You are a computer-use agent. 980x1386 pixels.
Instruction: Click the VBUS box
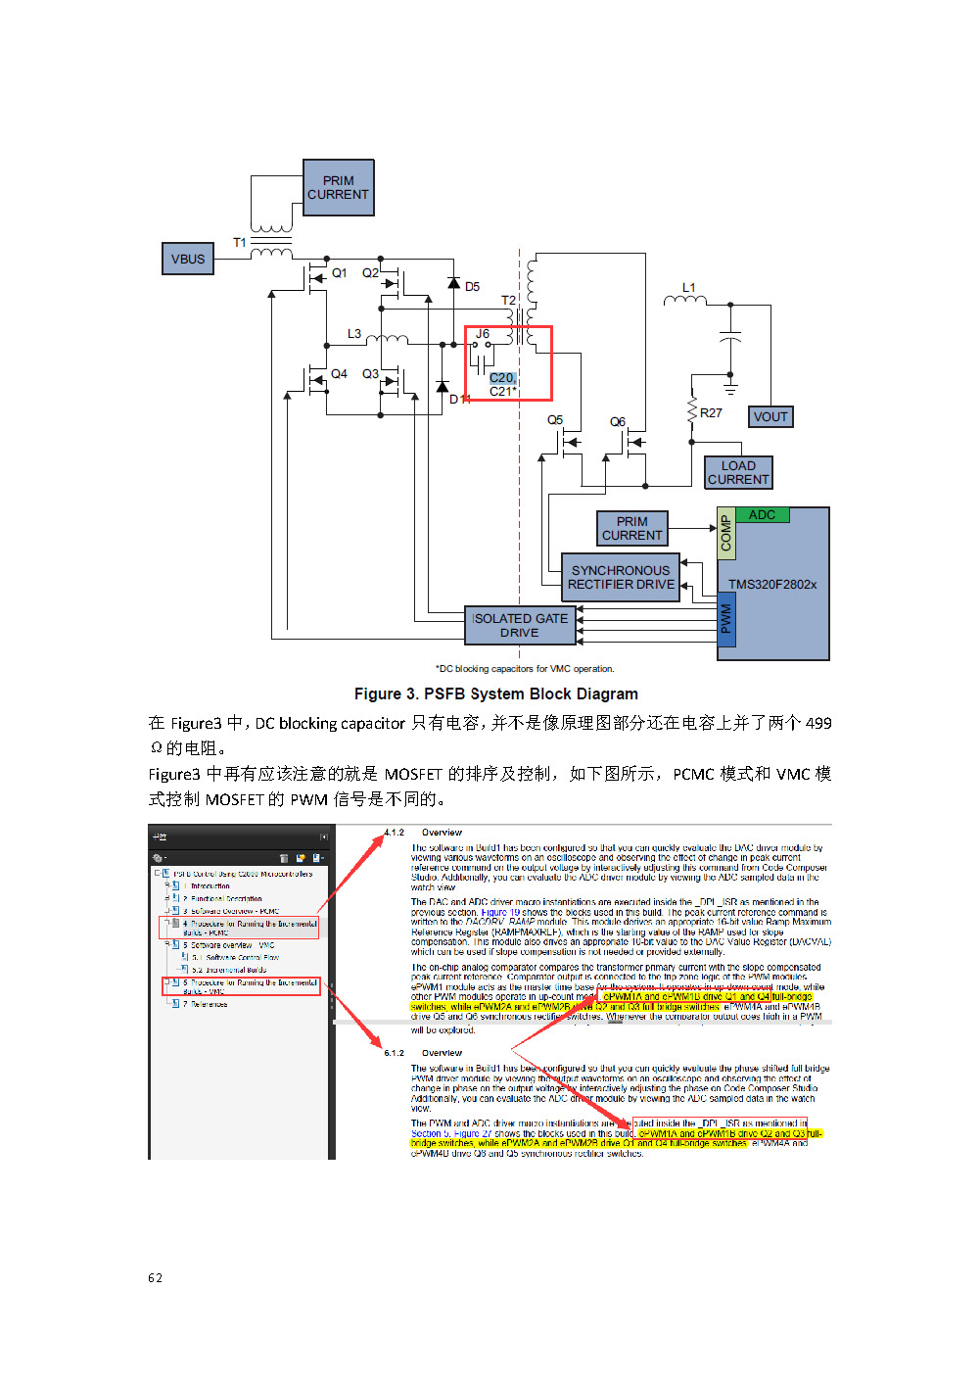click(x=188, y=260)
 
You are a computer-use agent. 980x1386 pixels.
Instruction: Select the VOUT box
click(x=770, y=417)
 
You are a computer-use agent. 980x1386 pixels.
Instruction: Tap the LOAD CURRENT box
click(x=738, y=473)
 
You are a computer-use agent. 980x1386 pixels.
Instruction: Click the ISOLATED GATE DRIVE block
click(x=520, y=625)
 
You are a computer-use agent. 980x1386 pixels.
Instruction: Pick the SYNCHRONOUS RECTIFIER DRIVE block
click(x=621, y=577)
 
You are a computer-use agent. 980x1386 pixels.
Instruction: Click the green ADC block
click(x=762, y=515)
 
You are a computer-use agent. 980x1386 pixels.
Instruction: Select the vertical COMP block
click(x=726, y=535)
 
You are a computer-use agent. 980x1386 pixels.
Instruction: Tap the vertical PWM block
click(x=726, y=619)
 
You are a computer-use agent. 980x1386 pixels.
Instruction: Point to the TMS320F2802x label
click(x=772, y=585)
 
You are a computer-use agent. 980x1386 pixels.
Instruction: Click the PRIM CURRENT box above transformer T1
click(x=339, y=188)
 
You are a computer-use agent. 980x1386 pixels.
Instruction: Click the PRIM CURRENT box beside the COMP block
click(x=632, y=529)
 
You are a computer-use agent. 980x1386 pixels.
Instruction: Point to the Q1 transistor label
click(x=340, y=273)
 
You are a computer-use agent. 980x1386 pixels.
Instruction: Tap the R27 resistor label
click(x=711, y=413)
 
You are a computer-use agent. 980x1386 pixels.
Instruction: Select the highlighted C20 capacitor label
click(x=501, y=378)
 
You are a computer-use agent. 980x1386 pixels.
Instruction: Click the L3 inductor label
click(x=354, y=334)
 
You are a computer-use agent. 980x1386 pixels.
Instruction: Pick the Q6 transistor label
click(x=618, y=422)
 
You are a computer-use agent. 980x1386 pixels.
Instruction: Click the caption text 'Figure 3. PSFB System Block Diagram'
click(x=495, y=694)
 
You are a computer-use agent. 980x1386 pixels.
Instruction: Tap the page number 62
click(x=155, y=1278)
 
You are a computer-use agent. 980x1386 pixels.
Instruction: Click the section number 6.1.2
click(x=394, y=1054)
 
